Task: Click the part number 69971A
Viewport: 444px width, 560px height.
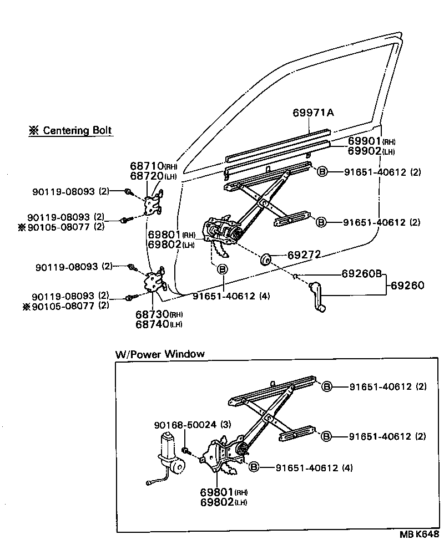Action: pos(313,113)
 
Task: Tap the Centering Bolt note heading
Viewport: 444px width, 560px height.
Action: pos(70,131)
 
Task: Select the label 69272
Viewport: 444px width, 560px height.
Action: pos(305,256)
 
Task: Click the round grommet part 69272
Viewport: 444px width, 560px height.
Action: pos(266,259)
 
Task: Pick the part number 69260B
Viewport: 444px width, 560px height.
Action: pos(362,274)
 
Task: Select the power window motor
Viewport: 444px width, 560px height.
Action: pos(170,454)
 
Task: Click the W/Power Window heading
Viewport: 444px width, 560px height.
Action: pos(160,354)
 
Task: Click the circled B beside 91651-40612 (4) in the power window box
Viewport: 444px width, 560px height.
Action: pos(254,467)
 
